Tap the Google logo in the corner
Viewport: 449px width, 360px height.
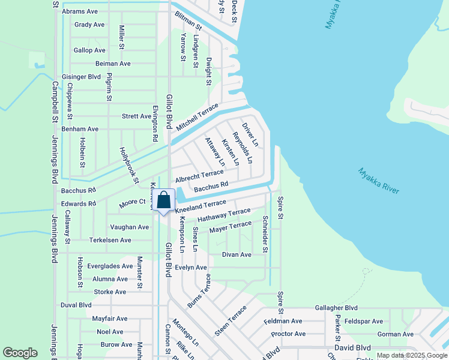20,353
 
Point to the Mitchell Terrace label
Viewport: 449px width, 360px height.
197,116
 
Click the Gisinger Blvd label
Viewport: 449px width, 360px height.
81,77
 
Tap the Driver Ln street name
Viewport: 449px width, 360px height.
250,135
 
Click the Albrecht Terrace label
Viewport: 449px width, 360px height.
199,176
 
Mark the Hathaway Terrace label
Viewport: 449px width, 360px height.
224,215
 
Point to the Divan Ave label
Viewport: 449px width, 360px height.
237,254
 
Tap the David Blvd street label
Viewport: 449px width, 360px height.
352,347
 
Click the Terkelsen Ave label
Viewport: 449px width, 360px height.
110,240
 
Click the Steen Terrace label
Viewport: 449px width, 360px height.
231,322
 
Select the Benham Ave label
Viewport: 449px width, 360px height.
80,129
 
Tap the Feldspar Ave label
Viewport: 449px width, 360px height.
372,322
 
